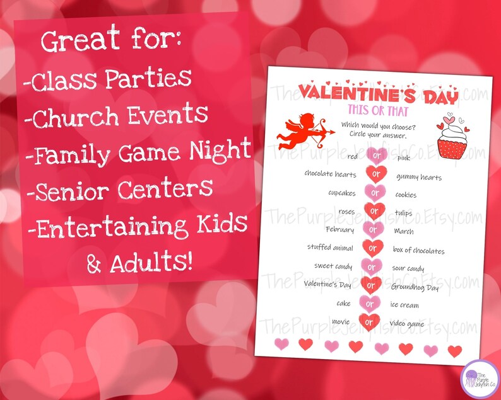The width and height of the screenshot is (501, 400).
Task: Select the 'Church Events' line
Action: [119, 116]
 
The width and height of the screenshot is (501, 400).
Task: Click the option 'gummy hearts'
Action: [419, 177]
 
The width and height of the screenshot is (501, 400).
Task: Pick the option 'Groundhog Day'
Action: [415, 287]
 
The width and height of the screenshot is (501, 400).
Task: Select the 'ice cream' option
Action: [404, 306]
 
